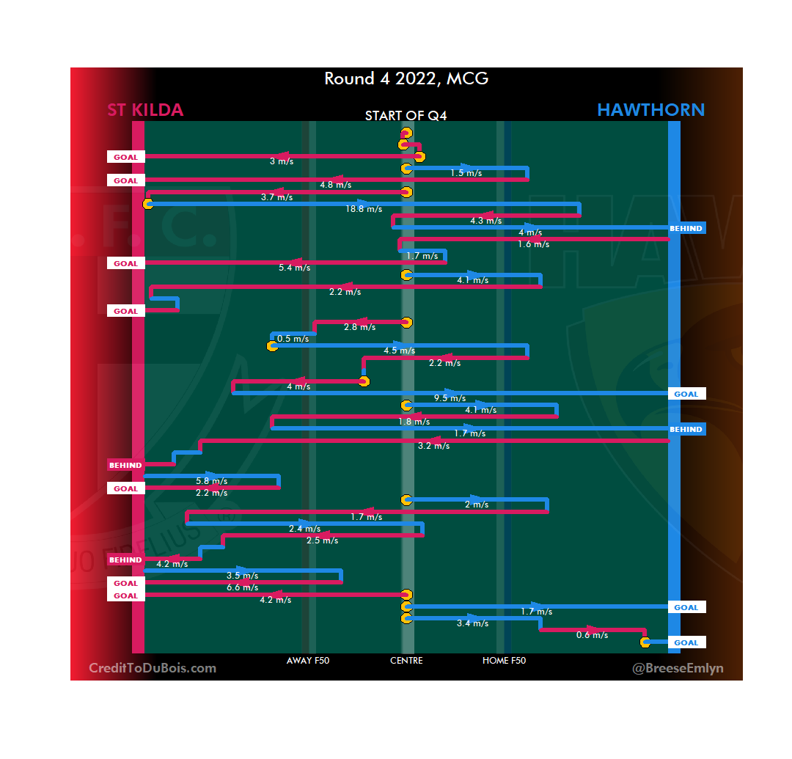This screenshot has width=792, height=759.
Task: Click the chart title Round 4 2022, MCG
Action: [x=406, y=78]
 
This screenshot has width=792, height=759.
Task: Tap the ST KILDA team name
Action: [x=145, y=110]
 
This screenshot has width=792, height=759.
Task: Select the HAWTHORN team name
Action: [x=650, y=110]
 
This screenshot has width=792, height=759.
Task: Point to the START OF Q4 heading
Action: [x=406, y=116]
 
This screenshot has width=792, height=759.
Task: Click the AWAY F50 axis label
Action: [x=308, y=661]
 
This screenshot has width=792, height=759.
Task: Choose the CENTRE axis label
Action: [x=406, y=661]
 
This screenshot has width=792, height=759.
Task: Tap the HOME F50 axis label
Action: [x=504, y=661]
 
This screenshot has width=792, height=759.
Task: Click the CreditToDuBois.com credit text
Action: [x=153, y=668]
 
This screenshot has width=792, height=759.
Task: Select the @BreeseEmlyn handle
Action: [x=668, y=668]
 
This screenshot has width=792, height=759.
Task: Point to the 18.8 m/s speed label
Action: [x=364, y=209]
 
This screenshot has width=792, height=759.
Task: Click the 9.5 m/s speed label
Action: [x=450, y=398]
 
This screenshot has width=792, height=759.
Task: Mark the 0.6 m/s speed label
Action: [x=592, y=635]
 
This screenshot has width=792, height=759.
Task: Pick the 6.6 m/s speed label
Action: [x=242, y=587]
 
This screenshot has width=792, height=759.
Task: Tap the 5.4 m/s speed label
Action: [x=294, y=268]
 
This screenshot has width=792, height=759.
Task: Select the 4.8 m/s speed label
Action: [x=335, y=185]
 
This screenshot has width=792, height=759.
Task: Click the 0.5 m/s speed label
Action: [x=293, y=339]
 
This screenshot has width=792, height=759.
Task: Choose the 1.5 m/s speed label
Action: [x=466, y=173]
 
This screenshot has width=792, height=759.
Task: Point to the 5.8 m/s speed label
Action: [x=211, y=481]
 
